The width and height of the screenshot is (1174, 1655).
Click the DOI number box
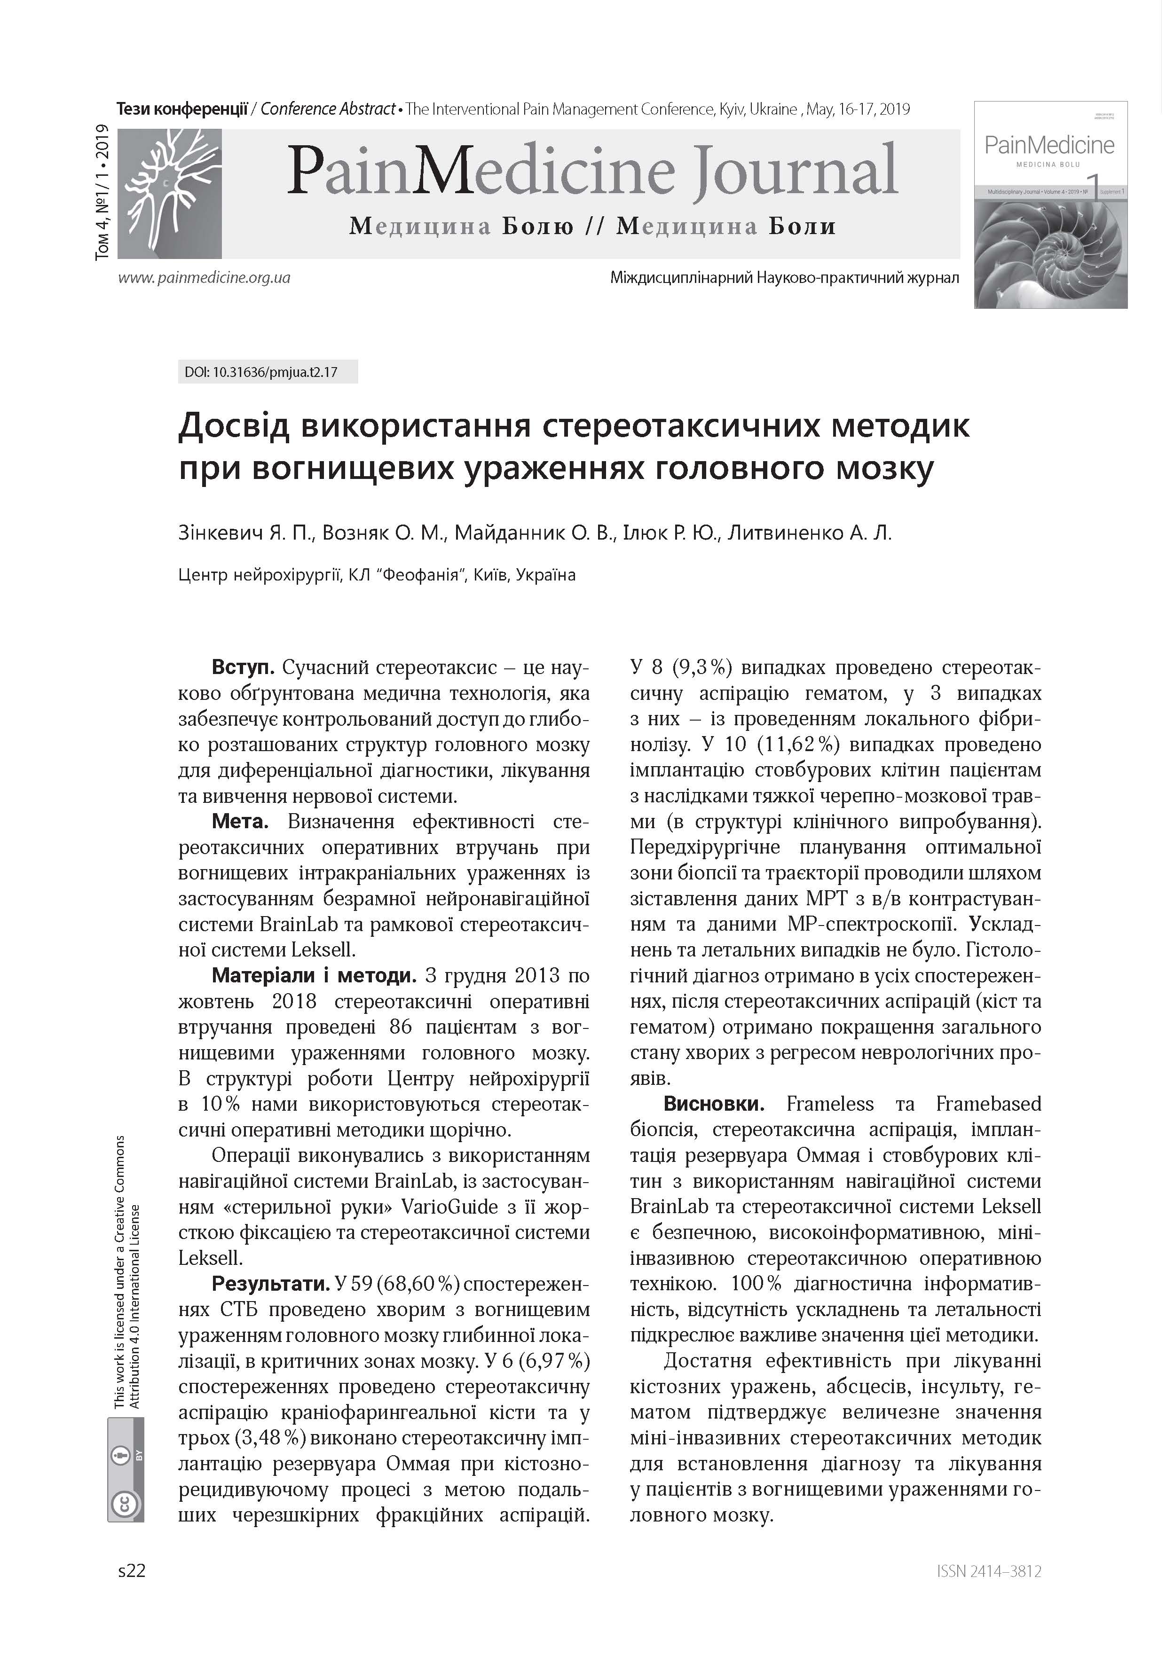pos(268,373)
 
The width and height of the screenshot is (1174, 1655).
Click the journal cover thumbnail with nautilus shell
pos(1050,204)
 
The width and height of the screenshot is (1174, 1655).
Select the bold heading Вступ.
pos(243,667)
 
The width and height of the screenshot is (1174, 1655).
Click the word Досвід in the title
pos(234,426)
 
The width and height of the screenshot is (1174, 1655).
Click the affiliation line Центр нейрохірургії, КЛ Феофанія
pos(377,575)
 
